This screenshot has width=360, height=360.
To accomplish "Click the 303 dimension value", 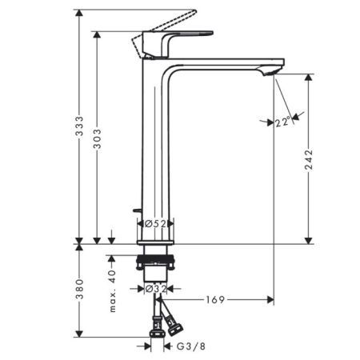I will [97, 141].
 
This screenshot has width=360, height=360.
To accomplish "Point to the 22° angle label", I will [282, 123].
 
